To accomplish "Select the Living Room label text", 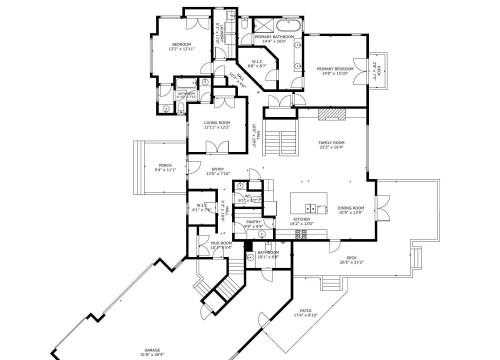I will coord(217,124).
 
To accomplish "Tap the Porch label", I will coord(165,166).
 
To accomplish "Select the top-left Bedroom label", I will coord(181,45).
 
